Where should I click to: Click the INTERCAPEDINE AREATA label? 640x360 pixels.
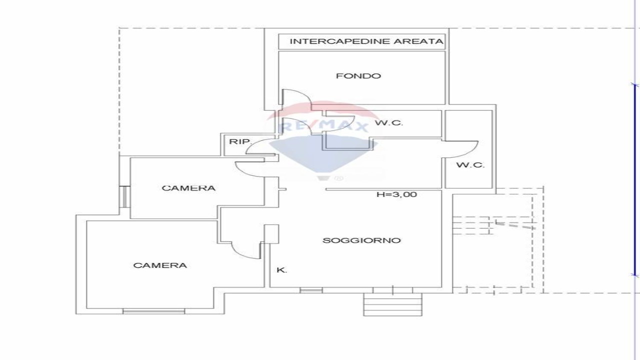366,41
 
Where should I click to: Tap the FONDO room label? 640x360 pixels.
358,76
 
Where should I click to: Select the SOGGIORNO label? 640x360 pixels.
361,240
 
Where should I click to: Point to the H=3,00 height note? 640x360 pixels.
397,194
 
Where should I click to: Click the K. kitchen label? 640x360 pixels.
281,270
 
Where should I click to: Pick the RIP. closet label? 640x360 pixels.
241,141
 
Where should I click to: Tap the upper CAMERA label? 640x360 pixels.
188,188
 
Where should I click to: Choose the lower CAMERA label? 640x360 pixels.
160,265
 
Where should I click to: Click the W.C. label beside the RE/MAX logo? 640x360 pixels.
389,123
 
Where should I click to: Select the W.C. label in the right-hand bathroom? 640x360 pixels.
470,165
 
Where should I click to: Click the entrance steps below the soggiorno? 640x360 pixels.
393,304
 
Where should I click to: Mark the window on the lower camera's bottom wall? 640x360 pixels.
153,311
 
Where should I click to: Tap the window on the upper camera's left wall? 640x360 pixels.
124,196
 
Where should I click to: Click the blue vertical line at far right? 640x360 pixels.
635,180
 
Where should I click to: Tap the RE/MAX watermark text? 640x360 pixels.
323,126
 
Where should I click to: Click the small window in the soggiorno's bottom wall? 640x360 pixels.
311,290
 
